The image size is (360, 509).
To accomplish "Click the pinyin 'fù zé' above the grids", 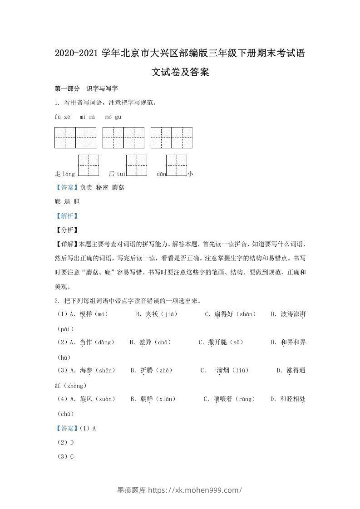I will click(x=63, y=117).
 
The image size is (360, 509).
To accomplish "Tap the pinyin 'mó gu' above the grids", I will click(x=113, y=117).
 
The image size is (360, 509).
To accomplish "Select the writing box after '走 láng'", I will click(x=89, y=165).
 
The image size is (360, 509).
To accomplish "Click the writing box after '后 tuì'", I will click(x=136, y=165).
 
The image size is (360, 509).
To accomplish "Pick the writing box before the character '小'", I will click(x=177, y=165).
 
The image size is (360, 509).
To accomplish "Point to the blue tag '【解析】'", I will click(x=66, y=216).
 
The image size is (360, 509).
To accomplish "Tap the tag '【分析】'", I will click(x=66, y=230).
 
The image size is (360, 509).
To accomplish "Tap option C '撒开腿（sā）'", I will click(x=218, y=343).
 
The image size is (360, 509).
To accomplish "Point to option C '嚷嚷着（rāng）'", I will click(x=229, y=399).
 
